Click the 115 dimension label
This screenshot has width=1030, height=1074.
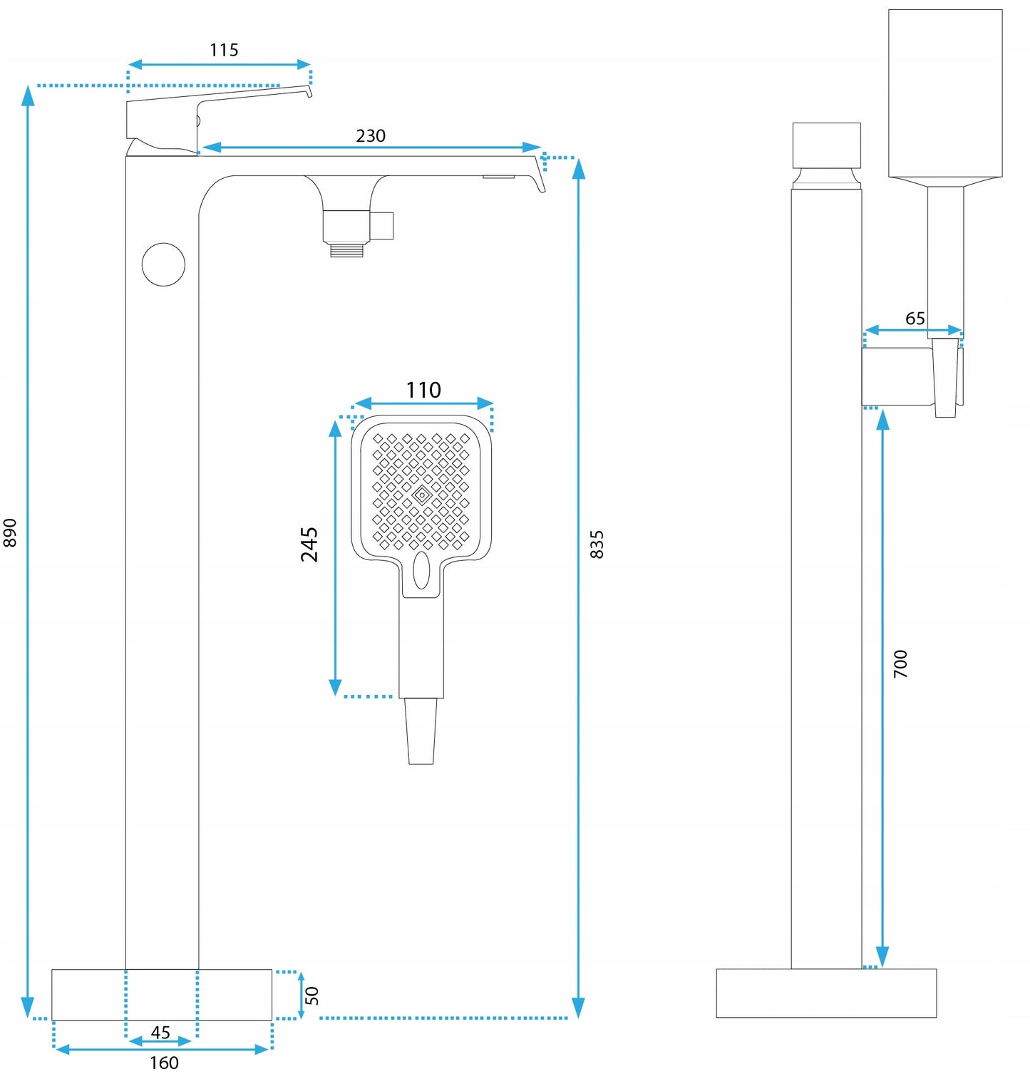coord(224,50)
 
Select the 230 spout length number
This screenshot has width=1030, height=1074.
coord(371,135)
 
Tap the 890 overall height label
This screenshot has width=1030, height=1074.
coord(10,532)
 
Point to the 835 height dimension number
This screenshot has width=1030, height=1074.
coord(597,544)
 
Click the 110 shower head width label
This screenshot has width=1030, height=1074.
coord(423,390)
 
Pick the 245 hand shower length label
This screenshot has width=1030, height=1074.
coord(309,544)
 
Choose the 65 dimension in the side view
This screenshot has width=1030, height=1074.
coord(915,318)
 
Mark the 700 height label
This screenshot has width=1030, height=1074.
coord(901,663)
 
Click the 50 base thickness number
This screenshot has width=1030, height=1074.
coord(312,996)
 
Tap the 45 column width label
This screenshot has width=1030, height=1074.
coord(160,1032)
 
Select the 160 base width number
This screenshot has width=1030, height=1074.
coord(164,1063)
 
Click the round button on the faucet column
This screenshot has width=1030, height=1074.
coord(163,264)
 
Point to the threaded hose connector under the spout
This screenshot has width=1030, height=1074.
coord(347,249)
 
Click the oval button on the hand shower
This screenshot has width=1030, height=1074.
coord(421,570)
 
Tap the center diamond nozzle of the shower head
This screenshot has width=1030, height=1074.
coord(421,494)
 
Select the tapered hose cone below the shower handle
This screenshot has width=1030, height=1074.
coord(421,730)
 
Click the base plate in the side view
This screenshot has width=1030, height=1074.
coord(826,993)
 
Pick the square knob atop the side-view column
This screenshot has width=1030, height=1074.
coord(827,145)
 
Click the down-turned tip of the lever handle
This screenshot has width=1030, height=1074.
coord(309,91)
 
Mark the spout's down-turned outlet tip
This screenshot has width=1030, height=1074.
coord(540,182)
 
